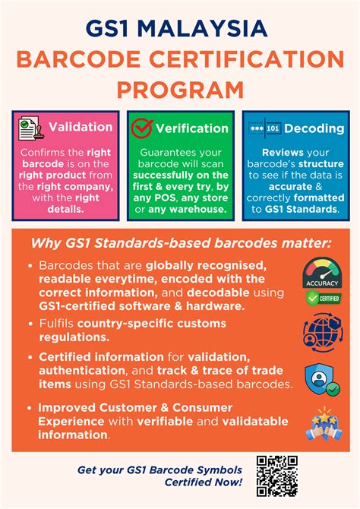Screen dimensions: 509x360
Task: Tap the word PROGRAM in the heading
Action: (x=180, y=90)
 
